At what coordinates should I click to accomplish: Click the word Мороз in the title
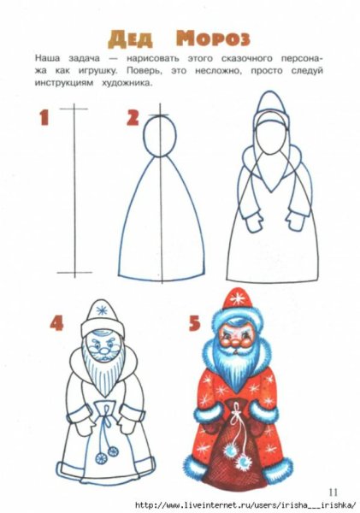pos(214,38)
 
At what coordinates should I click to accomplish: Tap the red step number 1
pos(44,117)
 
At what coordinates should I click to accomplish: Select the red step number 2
pos(133,117)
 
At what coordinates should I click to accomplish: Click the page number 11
pos(333,490)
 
